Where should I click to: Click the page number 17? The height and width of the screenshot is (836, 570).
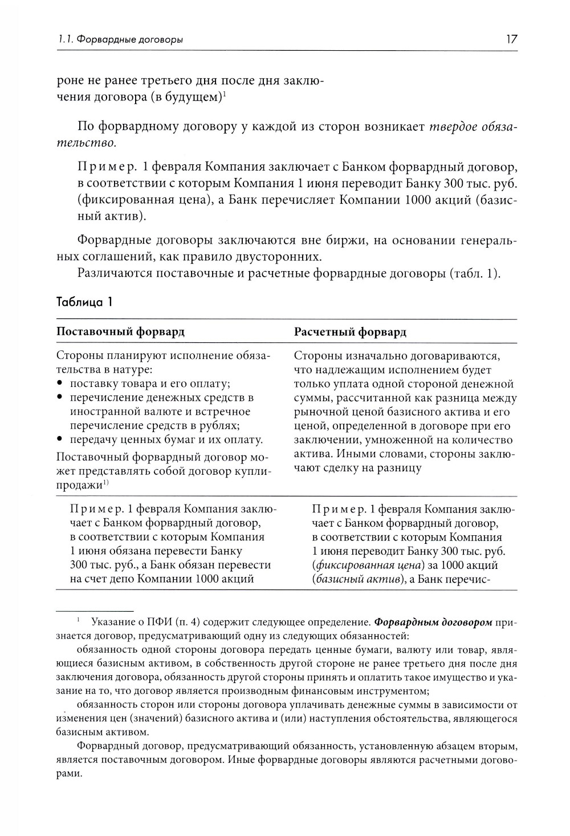(x=510, y=39)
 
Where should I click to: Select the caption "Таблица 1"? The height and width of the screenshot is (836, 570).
(x=84, y=302)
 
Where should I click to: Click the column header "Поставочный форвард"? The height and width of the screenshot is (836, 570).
(x=120, y=332)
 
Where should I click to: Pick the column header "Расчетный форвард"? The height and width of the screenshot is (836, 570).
(x=350, y=332)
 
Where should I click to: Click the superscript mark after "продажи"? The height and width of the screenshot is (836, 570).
(x=106, y=483)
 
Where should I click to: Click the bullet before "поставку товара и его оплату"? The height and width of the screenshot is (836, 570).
(x=60, y=383)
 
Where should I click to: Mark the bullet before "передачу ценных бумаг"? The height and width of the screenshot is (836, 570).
(x=60, y=440)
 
